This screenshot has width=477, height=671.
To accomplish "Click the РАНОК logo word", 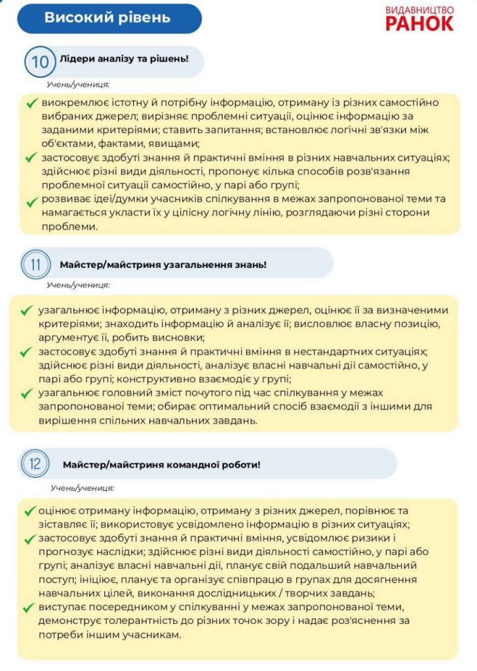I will pos(419,23).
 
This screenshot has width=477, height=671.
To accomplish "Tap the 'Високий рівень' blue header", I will pos(107,18).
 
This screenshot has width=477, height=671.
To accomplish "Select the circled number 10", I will pos(39,62).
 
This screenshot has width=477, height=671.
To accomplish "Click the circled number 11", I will pos(35,265).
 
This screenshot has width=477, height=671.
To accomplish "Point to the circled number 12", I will pos(35,464).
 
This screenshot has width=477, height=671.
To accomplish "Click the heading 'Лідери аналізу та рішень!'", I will pos(124,58).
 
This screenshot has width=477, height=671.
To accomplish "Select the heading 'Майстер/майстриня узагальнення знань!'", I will pos(162,265).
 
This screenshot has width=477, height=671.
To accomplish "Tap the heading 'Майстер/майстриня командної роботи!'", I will pos(161,465).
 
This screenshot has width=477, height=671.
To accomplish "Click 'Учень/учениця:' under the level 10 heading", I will pos(77,85).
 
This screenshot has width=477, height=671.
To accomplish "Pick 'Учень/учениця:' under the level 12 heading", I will pos(82,488).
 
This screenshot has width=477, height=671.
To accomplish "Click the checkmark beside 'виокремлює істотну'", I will pos(31,104).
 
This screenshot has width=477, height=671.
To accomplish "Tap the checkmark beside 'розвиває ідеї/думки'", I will pos(31,201).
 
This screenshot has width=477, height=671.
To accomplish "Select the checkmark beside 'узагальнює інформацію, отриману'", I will pos(26,310).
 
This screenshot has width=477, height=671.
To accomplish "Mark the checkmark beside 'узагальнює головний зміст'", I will pos(26,394).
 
